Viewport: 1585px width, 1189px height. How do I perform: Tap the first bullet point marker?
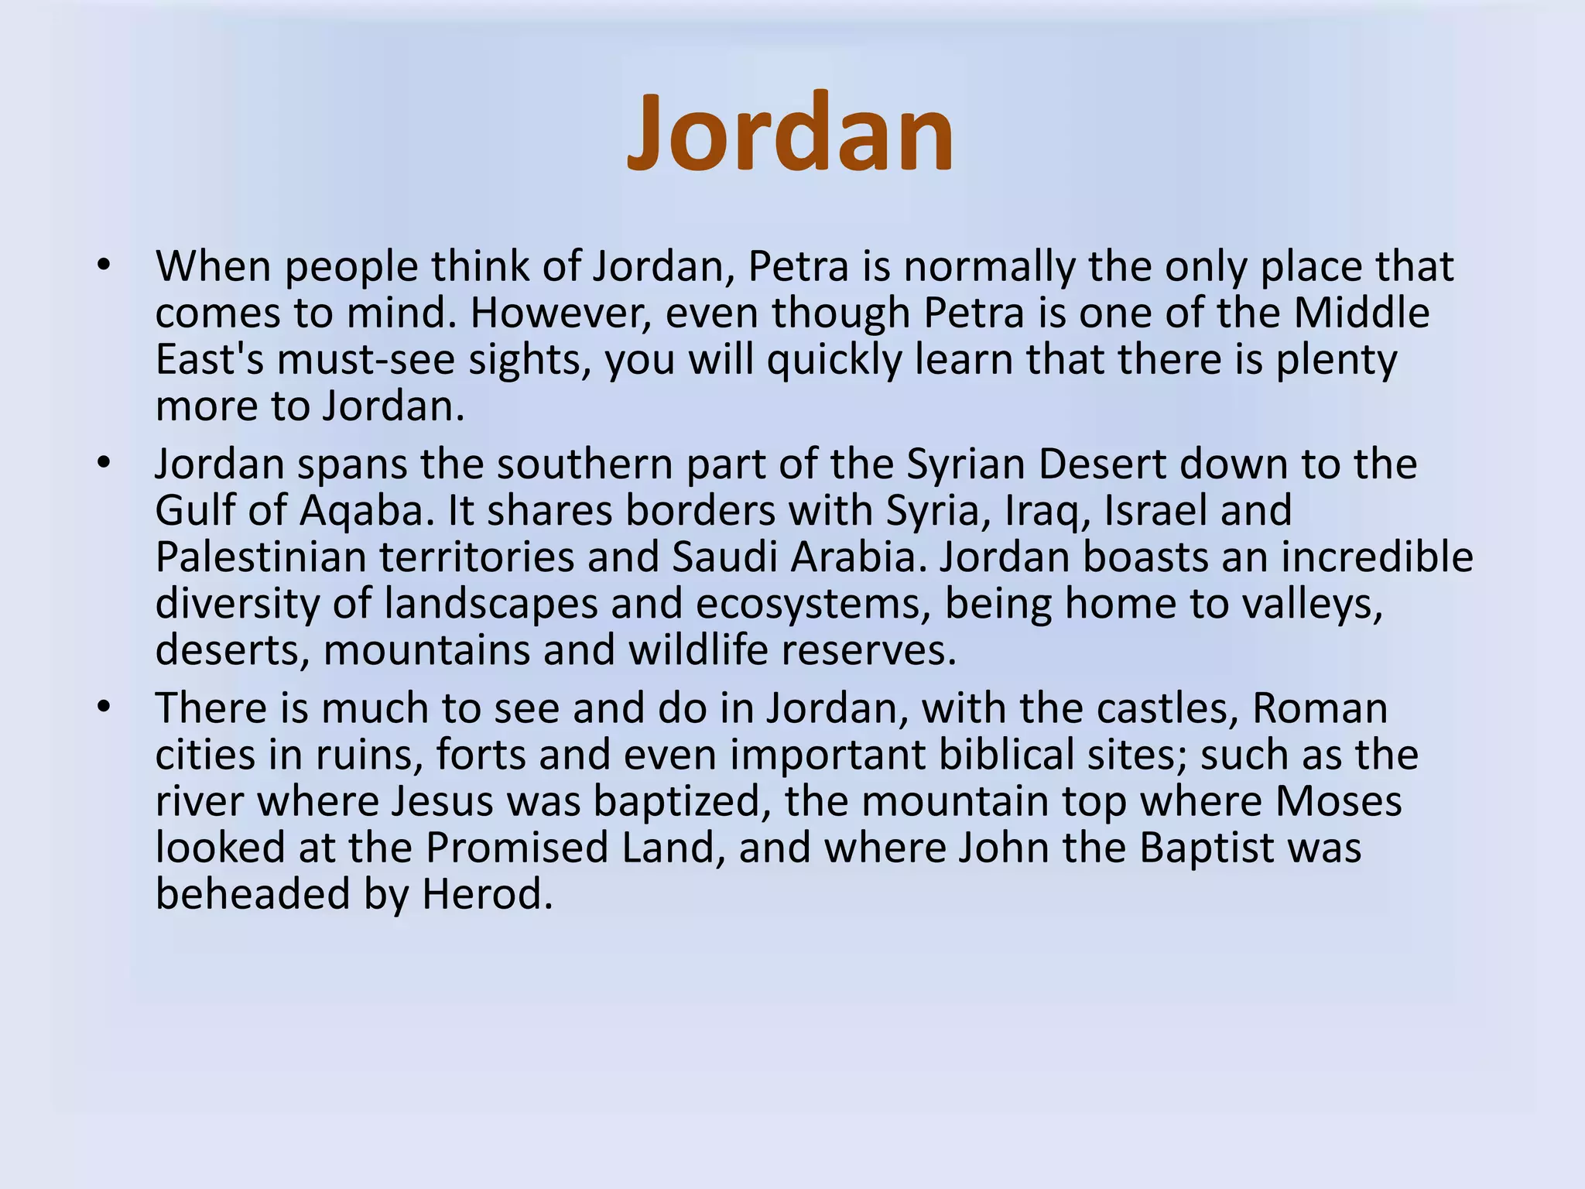[x=104, y=266]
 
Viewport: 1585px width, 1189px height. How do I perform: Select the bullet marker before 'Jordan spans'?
[x=104, y=464]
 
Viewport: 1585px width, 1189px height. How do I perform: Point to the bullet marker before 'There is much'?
[x=104, y=708]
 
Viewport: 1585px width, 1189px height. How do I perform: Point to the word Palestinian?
[x=260, y=557]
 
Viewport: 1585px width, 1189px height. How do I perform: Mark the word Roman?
[x=1320, y=708]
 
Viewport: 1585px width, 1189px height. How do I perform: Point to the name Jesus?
[x=442, y=801]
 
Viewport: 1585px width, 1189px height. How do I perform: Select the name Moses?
[x=1338, y=801]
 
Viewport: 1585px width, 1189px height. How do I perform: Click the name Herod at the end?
[x=487, y=895]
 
